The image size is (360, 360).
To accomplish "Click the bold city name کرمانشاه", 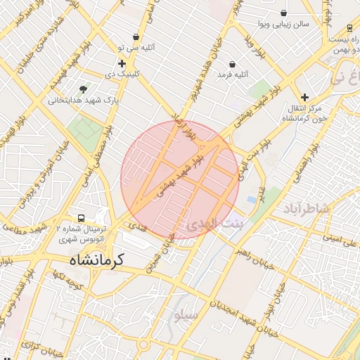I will coord(96,259).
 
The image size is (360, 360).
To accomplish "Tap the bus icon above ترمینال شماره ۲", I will coord(82,218).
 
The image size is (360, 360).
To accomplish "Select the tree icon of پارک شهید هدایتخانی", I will coord(84,89).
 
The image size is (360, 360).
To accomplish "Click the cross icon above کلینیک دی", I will coord(122,63).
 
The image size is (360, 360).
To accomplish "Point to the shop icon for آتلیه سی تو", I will coord(135,37).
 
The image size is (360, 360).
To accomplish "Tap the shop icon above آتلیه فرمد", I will coord(231,64).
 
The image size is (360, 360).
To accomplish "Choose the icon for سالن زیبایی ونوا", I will coord(283,13).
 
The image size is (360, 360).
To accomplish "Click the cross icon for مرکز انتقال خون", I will coord(304,97).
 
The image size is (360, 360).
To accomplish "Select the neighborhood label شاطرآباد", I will coord(307,208).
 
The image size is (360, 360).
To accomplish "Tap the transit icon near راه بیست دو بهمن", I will coord(349,29).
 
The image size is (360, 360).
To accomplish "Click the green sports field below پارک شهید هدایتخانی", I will coord(84,129).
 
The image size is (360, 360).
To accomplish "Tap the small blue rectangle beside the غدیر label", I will coord(251,200).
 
